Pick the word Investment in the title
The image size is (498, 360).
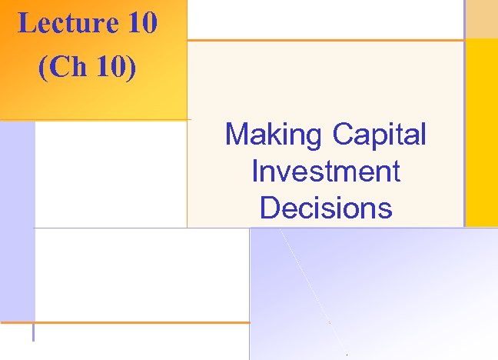point(325,171)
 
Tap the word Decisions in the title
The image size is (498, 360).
point(326,208)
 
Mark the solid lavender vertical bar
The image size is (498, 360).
point(17,223)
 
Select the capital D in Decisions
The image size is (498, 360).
point(270,208)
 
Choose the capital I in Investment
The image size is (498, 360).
point(255,171)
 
